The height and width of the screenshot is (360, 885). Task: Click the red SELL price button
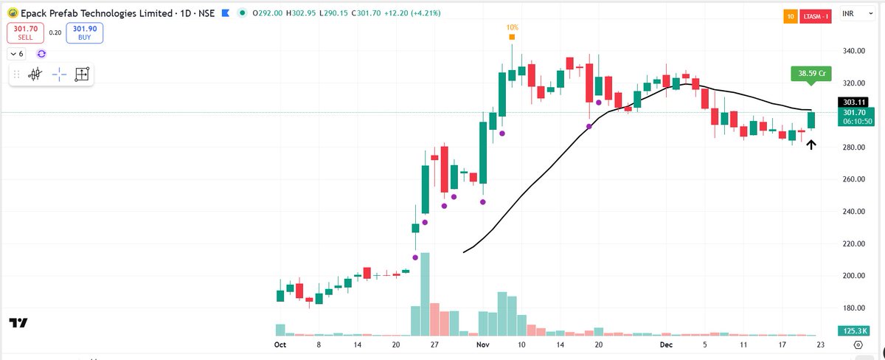(x=25, y=32)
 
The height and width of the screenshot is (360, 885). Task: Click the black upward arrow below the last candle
(x=811, y=145)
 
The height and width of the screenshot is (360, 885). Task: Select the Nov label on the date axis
(x=483, y=345)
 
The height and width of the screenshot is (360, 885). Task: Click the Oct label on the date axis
(x=280, y=345)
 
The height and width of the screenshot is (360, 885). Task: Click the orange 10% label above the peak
(x=512, y=27)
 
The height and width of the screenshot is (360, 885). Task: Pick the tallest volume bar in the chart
(x=425, y=294)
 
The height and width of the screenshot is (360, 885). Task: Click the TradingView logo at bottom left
(x=18, y=323)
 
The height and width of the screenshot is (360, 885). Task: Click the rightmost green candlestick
(x=811, y=120)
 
